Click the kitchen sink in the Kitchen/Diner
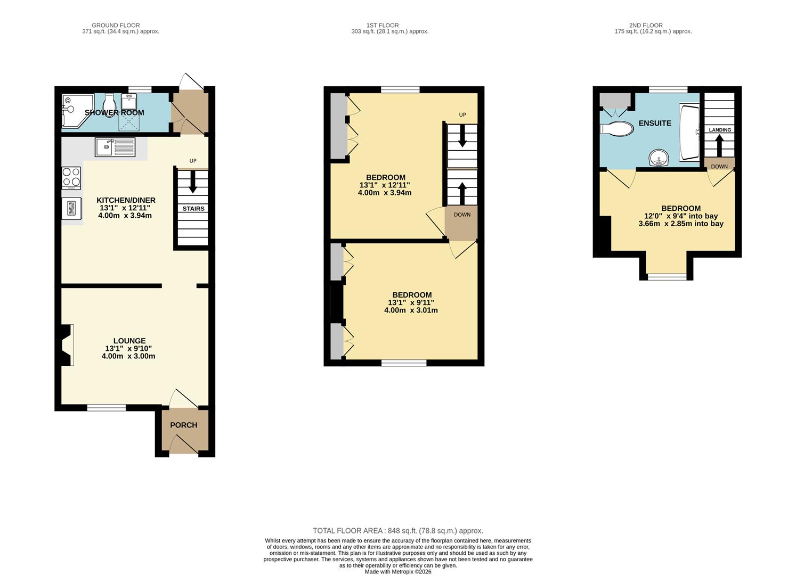point(115,147)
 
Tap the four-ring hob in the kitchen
point(71,178)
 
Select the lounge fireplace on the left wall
point(66,345)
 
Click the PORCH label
point(183,425)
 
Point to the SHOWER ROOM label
point(115,113)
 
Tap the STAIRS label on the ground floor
point(193,209)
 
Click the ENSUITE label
point(655,123)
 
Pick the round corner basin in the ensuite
point(660,158)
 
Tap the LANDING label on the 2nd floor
point(719,130)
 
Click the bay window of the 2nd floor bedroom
point(667,276)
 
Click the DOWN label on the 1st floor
point(461,215)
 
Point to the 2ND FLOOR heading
point(645,25)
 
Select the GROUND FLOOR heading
point(116,25)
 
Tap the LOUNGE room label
point(129,341)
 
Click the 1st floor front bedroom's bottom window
point(403,363)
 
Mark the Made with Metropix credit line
point(397,571)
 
